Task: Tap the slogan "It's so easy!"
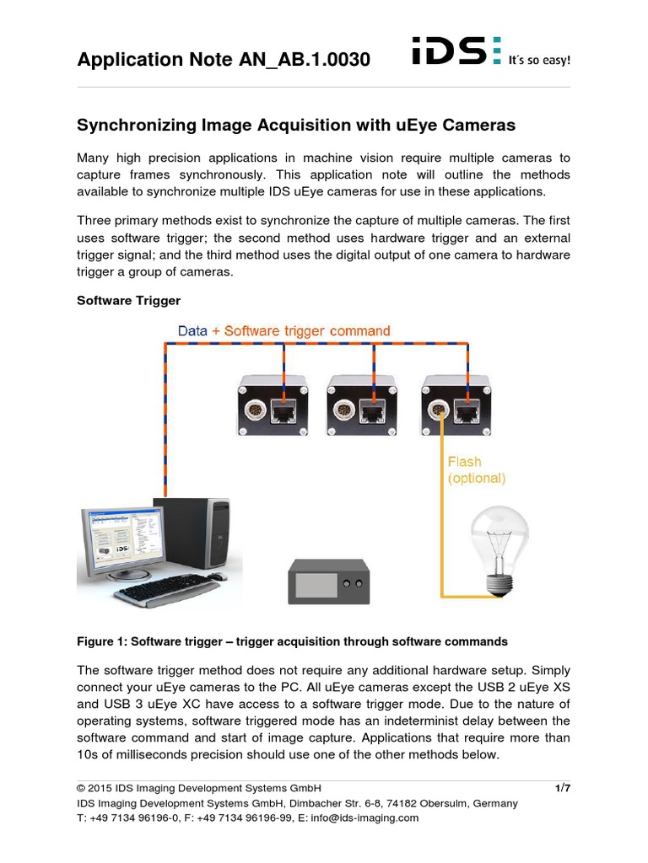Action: [539, 61]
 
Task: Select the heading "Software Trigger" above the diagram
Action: [129, 300]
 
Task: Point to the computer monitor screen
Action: [120, 544]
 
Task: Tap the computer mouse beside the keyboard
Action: [218, 576]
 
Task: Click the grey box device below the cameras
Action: [329, 582]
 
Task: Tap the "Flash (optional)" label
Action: [476, 470]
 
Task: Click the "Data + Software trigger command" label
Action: [284, 331]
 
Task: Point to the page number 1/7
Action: [563, 788]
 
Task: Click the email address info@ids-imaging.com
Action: [364, 817]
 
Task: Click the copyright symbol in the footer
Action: [81, 789]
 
